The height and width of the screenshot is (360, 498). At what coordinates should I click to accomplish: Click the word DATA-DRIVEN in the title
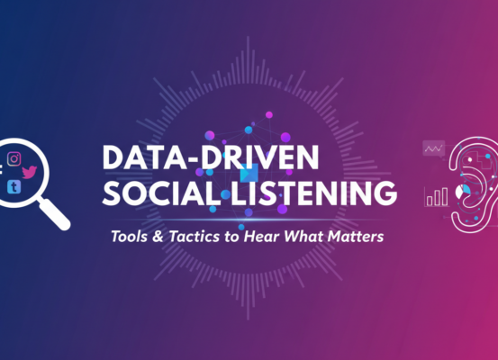pos(210,157)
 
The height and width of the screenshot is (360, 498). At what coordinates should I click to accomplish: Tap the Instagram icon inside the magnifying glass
pos(14,158)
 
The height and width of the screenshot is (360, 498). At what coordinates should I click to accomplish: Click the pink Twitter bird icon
pos(30,170)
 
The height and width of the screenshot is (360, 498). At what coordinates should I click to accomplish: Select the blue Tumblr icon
pos(14,186)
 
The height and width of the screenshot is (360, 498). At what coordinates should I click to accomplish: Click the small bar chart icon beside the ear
pos(439,195)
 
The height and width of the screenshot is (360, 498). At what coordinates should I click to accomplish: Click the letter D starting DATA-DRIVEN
pos(113,157)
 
